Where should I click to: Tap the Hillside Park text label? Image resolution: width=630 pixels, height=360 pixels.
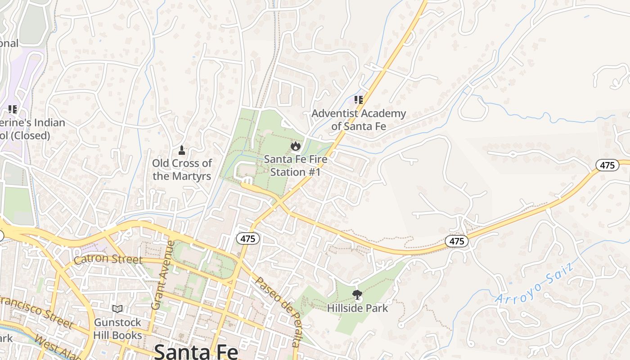(x=358, y=308)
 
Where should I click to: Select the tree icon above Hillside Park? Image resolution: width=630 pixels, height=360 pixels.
(x=358, y=295)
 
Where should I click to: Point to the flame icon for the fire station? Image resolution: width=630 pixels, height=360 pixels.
(x=295, y=146)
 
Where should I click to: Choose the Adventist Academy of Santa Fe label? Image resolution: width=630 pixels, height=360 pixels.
(x=359, y=120)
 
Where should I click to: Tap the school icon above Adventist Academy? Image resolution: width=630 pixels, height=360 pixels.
(x=358, y=100)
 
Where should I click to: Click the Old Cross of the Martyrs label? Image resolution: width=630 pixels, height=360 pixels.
(x=182, y=170)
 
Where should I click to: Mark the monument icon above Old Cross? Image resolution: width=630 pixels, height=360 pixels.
(x=182, y=150)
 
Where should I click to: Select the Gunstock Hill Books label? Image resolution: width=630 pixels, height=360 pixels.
(x=118, y=329)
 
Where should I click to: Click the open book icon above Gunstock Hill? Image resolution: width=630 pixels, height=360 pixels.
(x=117, y=309)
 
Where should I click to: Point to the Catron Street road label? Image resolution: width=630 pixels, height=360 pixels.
(x=108, y=260)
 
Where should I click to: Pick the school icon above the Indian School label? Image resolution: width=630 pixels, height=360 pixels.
(x=13, y=109)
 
